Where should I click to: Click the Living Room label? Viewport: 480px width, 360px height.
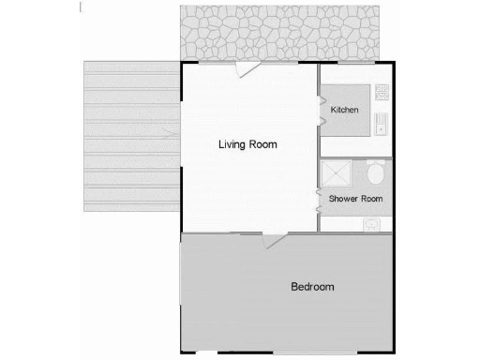[247, 144]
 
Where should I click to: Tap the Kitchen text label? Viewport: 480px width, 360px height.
[345, 111]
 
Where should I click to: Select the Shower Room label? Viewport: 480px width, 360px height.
[354, 199]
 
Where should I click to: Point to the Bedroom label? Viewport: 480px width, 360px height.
[311, 287]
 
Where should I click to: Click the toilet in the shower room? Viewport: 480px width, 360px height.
[374, 174]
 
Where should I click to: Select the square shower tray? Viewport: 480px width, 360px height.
[336, 174]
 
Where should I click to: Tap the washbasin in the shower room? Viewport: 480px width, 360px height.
[372, 224]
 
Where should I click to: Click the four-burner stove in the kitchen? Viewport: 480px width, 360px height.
[382, 92]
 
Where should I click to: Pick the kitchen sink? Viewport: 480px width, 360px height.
[382, 123]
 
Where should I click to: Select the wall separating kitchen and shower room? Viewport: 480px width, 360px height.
[355, 157]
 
